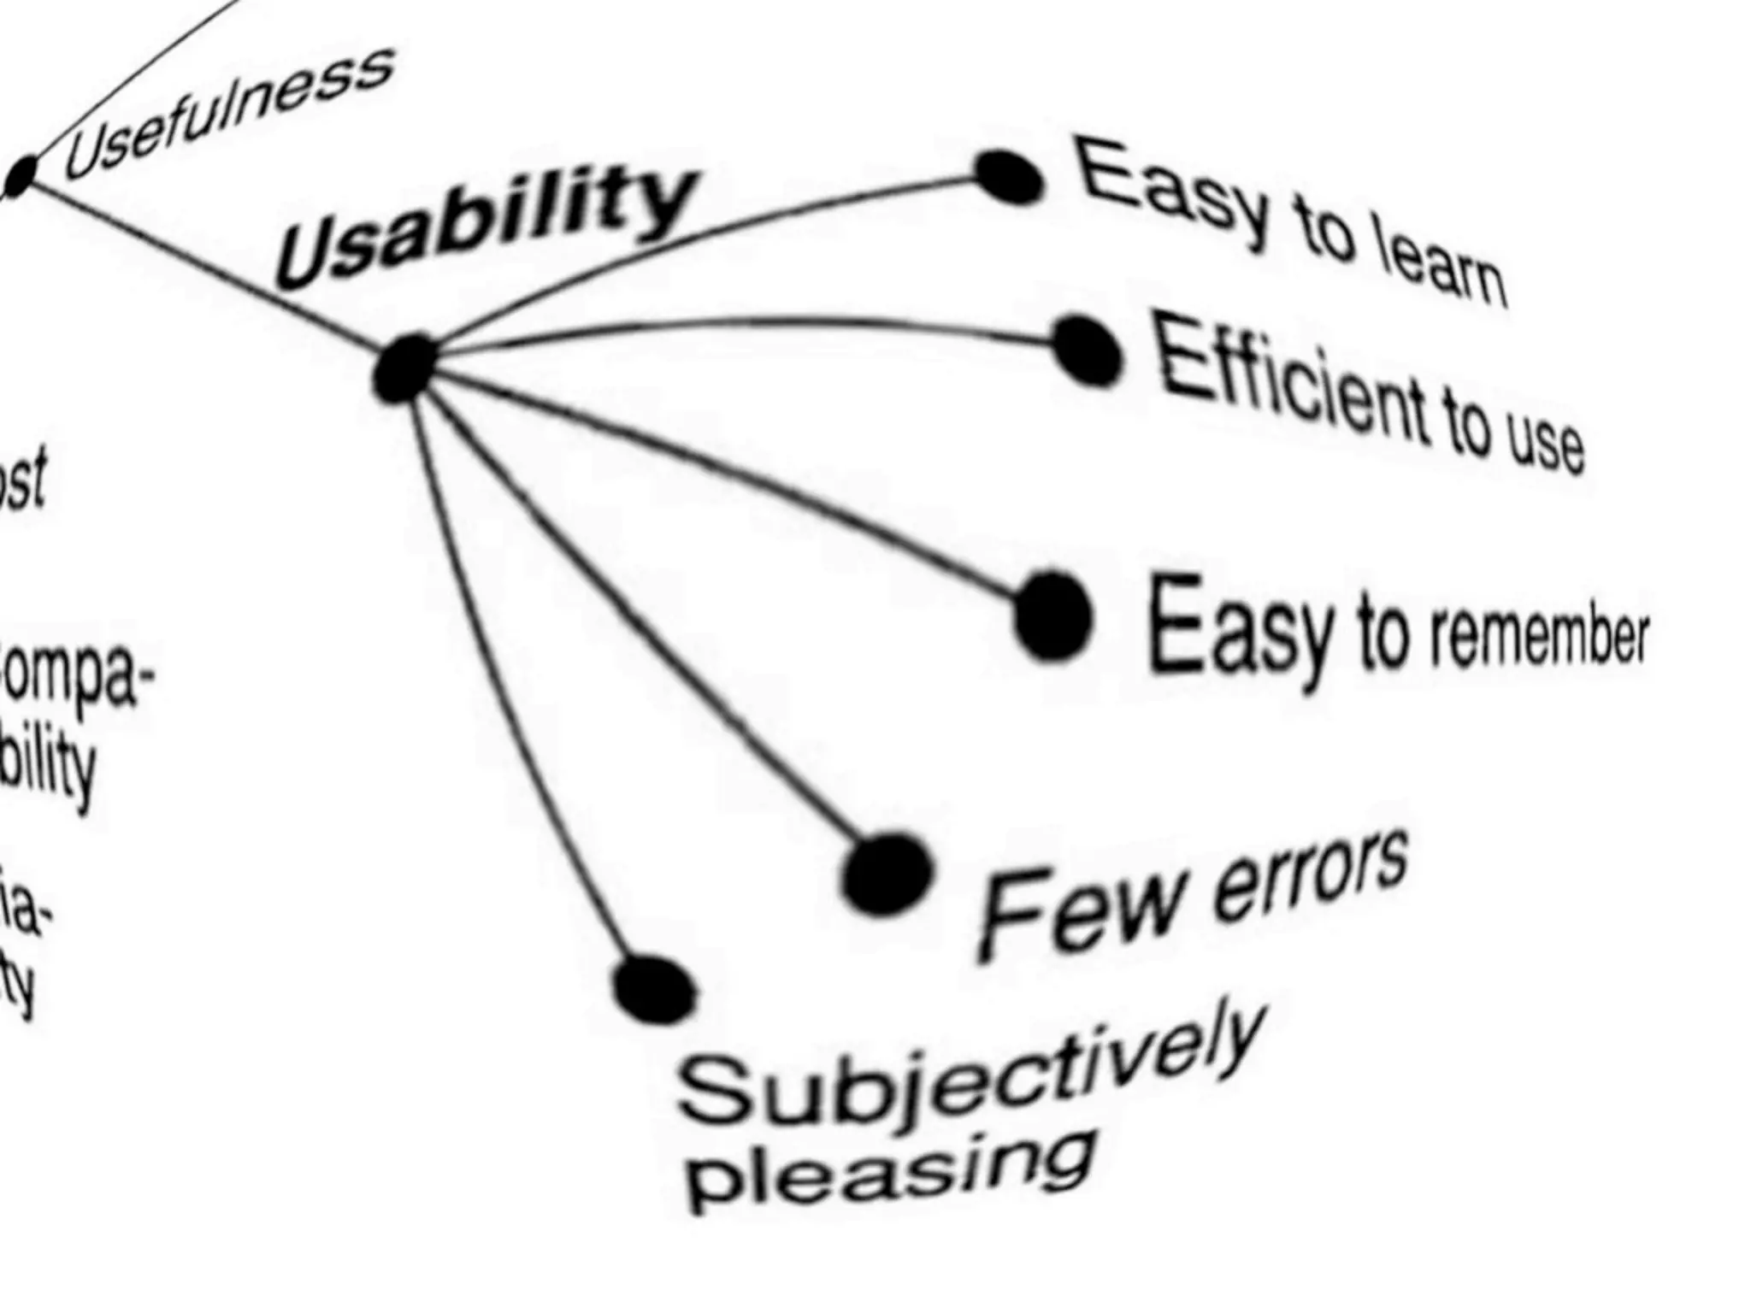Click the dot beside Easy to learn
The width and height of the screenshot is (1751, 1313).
pos(1009,177)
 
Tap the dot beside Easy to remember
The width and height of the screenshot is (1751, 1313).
pos(1053,616)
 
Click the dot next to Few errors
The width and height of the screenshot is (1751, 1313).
pos(886,874)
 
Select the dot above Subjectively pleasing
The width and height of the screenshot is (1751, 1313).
pos(655,990)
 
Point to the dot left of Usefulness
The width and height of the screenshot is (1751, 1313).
pos(21,176)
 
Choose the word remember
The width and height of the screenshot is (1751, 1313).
pos(1539,637)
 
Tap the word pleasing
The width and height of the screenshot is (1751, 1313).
pos(889,1171)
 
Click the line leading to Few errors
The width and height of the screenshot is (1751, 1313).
pos(650,624)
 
